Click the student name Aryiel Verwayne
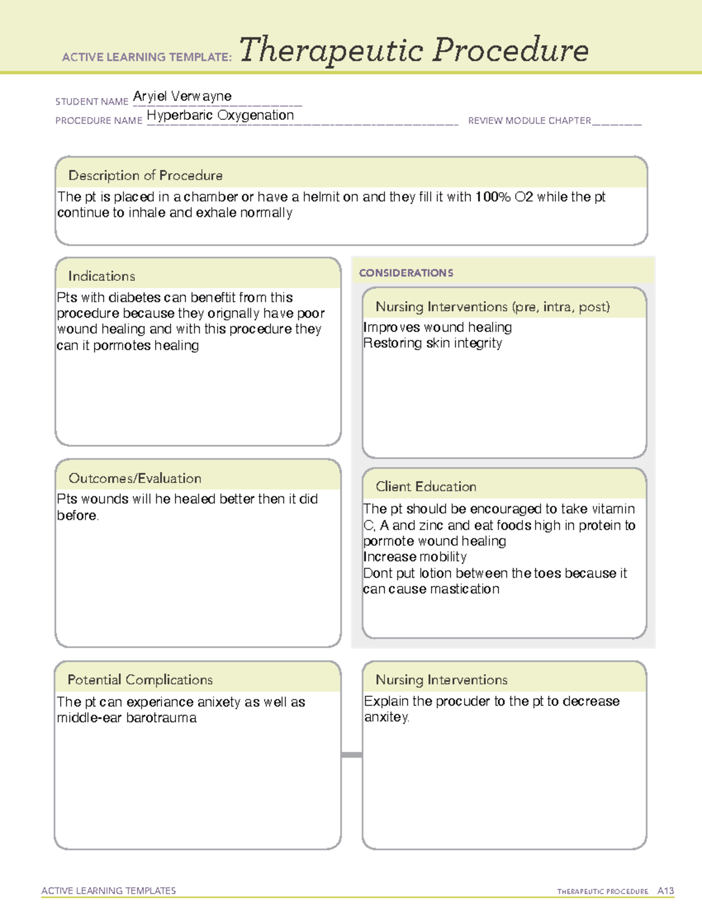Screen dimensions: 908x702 tap(182, 96)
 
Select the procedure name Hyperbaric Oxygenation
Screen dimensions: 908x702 tap(220, 116)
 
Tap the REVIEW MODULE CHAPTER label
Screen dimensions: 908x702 tap(529, 121)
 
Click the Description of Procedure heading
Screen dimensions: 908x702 tap(145, 175)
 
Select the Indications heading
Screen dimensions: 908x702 tap(102, 276)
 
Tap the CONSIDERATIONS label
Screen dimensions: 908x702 tap(406, 273)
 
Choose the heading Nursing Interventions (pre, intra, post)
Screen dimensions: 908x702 tap(493, 307)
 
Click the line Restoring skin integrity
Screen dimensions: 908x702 tap(432, 343)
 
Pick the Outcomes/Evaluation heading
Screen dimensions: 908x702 tap(135, 478)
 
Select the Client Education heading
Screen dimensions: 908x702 tap(426, 486)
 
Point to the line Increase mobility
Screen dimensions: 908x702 tap(415, 557)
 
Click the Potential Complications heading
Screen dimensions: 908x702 tap(140, 680)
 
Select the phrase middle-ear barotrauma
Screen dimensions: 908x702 tap(127, 718)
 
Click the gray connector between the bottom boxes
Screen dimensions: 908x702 tap(352, 755)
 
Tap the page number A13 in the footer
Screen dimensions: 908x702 tap(665, 891)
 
